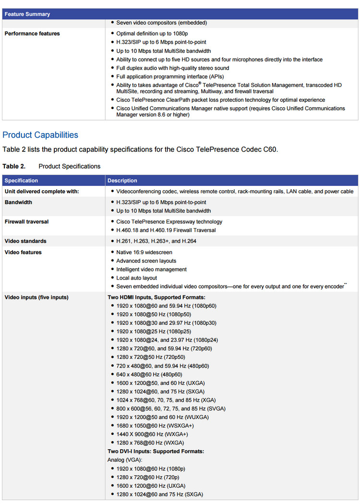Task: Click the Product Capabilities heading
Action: pos(40,135)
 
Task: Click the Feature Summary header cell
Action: pos(27,14)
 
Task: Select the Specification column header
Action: pos(21,181)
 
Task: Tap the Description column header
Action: pos(122,181)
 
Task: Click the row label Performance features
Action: pos(32,34)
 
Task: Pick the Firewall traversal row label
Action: pos(26,222)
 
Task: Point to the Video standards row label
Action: pos(25,241)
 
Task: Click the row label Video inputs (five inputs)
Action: pos(36,297)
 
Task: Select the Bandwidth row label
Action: pos(18,203)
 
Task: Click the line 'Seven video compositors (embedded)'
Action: pos(162,23)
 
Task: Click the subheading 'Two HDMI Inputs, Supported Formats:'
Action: pos(156,297)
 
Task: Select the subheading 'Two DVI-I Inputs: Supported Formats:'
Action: pos(156,452)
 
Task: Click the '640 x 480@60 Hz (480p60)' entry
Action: pos(149,374)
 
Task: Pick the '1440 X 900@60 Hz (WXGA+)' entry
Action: pos(152,434)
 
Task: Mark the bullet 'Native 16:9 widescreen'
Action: pos(144,252)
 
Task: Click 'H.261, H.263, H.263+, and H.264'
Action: pos(156,241)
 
